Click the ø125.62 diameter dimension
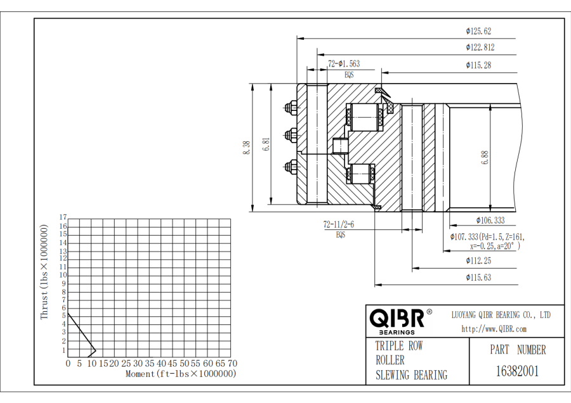[478, 30]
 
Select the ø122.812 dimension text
[480, 47]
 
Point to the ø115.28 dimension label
[478, 65]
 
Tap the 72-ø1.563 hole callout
[343, 63]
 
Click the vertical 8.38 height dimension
[246, 147]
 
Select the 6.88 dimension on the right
[485, 157]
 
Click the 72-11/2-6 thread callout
[339, 225]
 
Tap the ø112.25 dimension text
[478, 260]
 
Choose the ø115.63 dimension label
[478, 277]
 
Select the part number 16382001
[517, 371]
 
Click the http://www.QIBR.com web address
[494, 329]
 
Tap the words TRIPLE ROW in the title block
[398, 346]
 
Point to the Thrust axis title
[44, 271]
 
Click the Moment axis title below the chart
[180, 374]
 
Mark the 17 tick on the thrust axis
[63, 217]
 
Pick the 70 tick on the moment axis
[232, 364]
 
